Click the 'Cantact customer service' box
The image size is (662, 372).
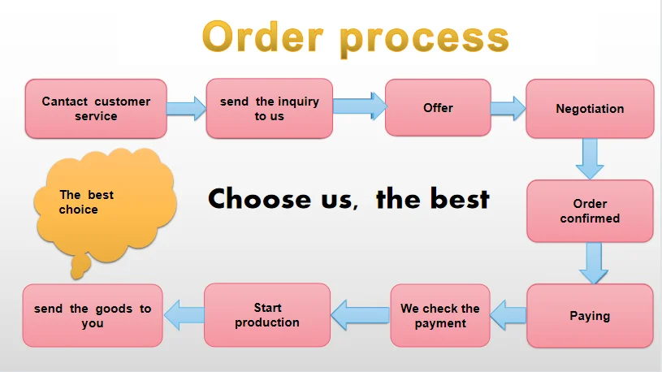(96, 109)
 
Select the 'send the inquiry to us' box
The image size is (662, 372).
(269, 109)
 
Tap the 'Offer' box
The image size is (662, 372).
(438, 108)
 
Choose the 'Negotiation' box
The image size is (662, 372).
(590, 109)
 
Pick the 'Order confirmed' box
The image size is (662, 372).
(590, 211)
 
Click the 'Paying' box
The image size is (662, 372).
(590, 315)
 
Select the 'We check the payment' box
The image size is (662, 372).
(440, 315)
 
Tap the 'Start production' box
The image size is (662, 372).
(267, 315)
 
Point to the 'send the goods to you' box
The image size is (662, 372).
(93, 315)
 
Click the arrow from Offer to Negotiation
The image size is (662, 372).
(508, 108)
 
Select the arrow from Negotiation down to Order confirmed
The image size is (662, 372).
(590, 158)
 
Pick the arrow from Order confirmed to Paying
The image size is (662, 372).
(591, 262)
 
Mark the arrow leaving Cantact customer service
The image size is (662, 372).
(187, 108)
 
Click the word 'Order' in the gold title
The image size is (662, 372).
(262, 37)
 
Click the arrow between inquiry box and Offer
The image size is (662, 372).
(359, 106)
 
